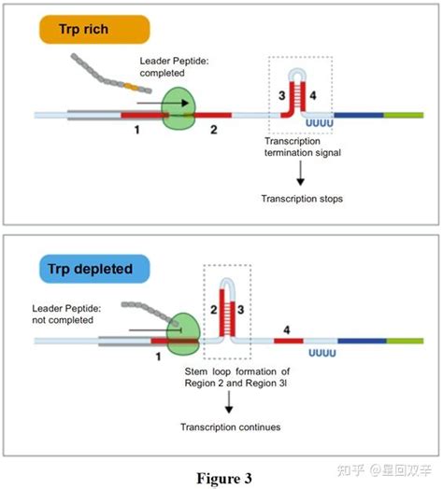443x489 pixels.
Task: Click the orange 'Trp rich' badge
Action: coord(94,29)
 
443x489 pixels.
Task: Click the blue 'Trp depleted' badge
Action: coord(94,269)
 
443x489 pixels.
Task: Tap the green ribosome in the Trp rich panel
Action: coord(179,108)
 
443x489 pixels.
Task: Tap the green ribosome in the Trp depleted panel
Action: coord(183,334)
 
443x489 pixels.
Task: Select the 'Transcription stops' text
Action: coord(302,199)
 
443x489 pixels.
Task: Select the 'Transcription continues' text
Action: coord(230,426)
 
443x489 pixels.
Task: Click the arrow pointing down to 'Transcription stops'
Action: coord(301,173)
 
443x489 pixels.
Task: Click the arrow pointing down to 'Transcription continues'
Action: coord(229,402)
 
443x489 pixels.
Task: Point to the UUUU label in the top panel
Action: coord(320,123)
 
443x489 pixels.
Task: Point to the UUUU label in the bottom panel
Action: coord(322,353)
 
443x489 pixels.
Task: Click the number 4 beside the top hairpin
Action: coord(313,95)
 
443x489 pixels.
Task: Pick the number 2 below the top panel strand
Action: coord(214,130)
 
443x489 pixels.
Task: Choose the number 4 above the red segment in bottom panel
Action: coord(287,330)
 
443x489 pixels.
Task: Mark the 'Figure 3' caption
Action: coord(224,478)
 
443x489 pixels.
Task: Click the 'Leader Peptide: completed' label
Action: coord(174,67)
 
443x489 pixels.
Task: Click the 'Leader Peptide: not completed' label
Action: coord(66,314)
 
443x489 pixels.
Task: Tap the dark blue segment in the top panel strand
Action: coord(359,116)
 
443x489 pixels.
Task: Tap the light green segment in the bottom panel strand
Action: coord(405,341)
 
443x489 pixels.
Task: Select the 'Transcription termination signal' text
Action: coord(303,147)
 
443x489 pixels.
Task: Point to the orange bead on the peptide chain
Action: coord(131,87)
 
